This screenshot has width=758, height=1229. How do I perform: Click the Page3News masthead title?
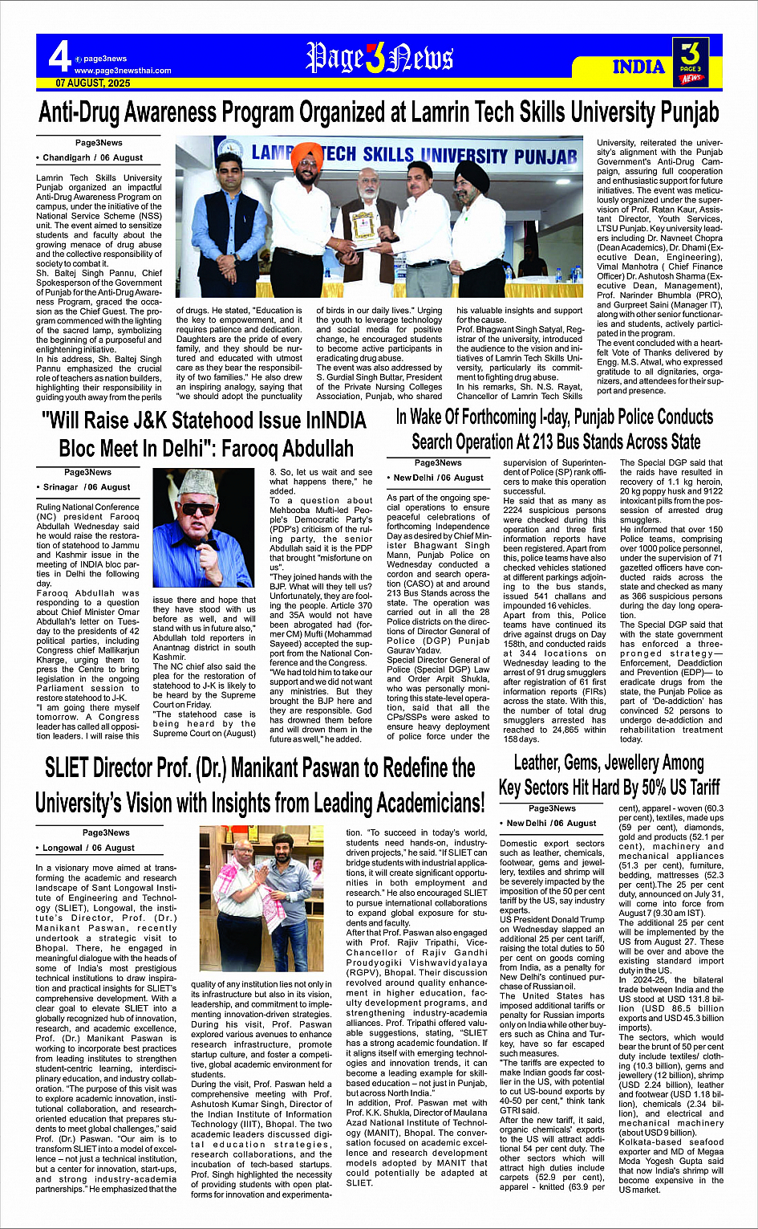point(379,58)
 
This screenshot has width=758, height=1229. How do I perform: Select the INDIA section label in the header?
point(638,67)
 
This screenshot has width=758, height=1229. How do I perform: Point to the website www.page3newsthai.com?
point(122,71)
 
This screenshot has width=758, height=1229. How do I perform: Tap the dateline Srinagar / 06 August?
point(86,487)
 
